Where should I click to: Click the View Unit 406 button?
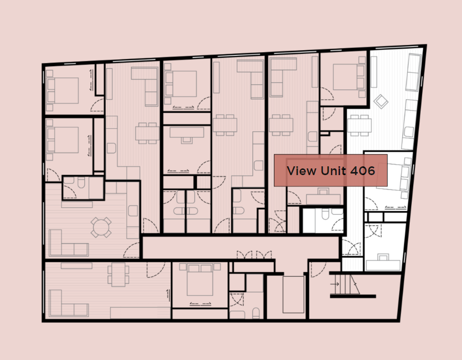[x=331, y=170]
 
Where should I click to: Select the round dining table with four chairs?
[x=101, y=227]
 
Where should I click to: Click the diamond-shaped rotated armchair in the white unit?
[x=381, y=101]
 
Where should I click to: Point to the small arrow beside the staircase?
[x=335, y=284]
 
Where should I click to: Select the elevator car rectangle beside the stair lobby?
[x=294, y=294]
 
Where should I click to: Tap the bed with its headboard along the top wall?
[x=200, y=279]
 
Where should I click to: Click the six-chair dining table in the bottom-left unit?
[x=118, y=274]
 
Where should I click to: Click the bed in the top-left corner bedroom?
[x=63, y=90]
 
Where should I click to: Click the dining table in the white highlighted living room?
[x=359, y=125]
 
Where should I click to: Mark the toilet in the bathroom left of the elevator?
[x=256, y=314]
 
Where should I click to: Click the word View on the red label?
[x=301, y=170]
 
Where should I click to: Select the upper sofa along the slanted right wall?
[x=413, y=72]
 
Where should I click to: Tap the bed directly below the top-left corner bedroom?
[x=63, y=140]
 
